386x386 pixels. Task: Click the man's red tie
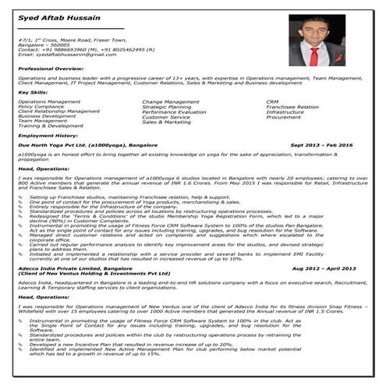[314, 56]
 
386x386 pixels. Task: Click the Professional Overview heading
[51, 69]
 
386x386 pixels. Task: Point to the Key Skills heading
[33, 93]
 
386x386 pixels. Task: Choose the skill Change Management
[170, 101]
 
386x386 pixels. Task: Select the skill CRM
[271, 101]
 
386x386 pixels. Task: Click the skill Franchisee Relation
[292, 107]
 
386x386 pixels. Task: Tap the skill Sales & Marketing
[166, 122]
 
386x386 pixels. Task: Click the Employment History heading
[48, 135]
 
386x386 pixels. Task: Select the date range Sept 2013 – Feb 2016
[321, 145]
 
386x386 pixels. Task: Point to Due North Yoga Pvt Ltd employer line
[82, 145]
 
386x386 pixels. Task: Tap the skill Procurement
[283, 117]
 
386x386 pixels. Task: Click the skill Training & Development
[50, 126]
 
